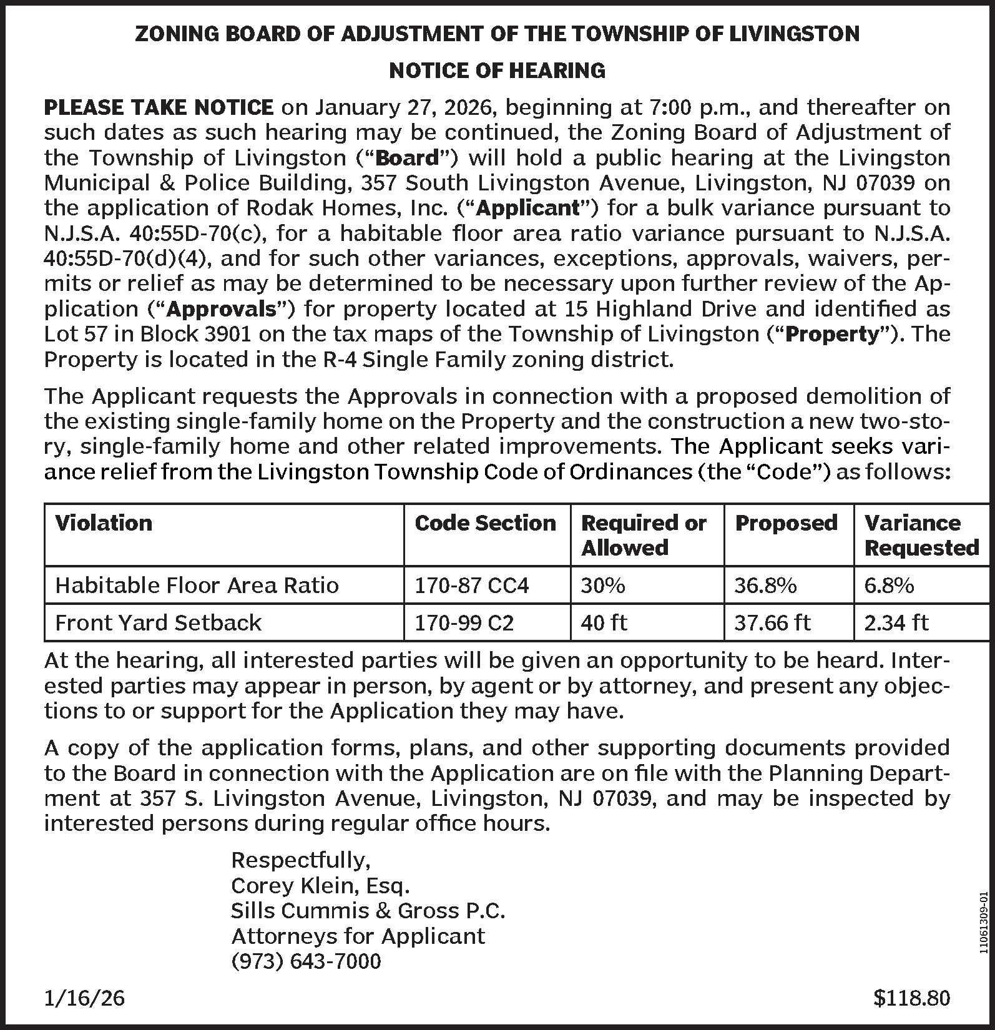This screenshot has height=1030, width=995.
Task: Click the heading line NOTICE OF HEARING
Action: pyautogui.click(x=497, y=71)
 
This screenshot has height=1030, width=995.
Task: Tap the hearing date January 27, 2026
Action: pyautogui.click(x=405, y=108)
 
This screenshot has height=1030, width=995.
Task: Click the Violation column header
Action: pyautogui.click(x=104, y=522)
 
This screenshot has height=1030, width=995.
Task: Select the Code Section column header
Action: pyautogui.click(x=485, y=522)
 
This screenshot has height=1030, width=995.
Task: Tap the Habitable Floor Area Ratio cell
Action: pyautogui.click(x=197, y=585)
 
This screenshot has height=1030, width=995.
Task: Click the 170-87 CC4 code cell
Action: pyautogui.click(x=472, y=585)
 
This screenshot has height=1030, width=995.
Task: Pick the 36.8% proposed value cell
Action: pyautogui.click(x=765, y=585)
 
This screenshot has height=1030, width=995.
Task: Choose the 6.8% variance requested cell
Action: pyautogui.click(x=889, y=585)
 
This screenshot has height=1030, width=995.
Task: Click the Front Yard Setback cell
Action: pyautogui.click(x=159, y=622)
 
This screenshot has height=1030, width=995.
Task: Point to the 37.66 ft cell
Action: pyautogui.click(x=772, y=622)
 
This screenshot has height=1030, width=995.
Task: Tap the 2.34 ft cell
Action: pyautogui.click(x=896, y=622)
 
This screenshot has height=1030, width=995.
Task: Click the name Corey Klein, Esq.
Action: pyautogui.click(x=320, y=885)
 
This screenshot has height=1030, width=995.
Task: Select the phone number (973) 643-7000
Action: pyautogui.click(x=306, y=961)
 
